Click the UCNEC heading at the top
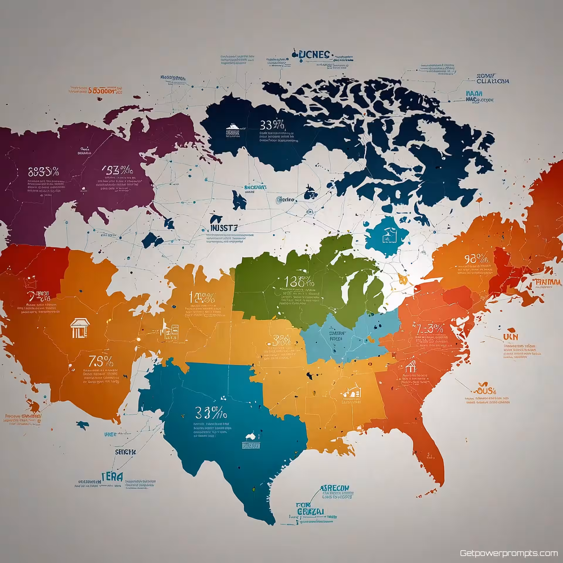[x=311, y=55]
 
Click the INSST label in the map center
[x=223, y=228]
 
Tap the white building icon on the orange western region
[x=80, y=328]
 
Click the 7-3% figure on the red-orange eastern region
[x=430, y=329]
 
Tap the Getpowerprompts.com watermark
[x=509, y=553]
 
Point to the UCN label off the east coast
[x=510, y=337]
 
